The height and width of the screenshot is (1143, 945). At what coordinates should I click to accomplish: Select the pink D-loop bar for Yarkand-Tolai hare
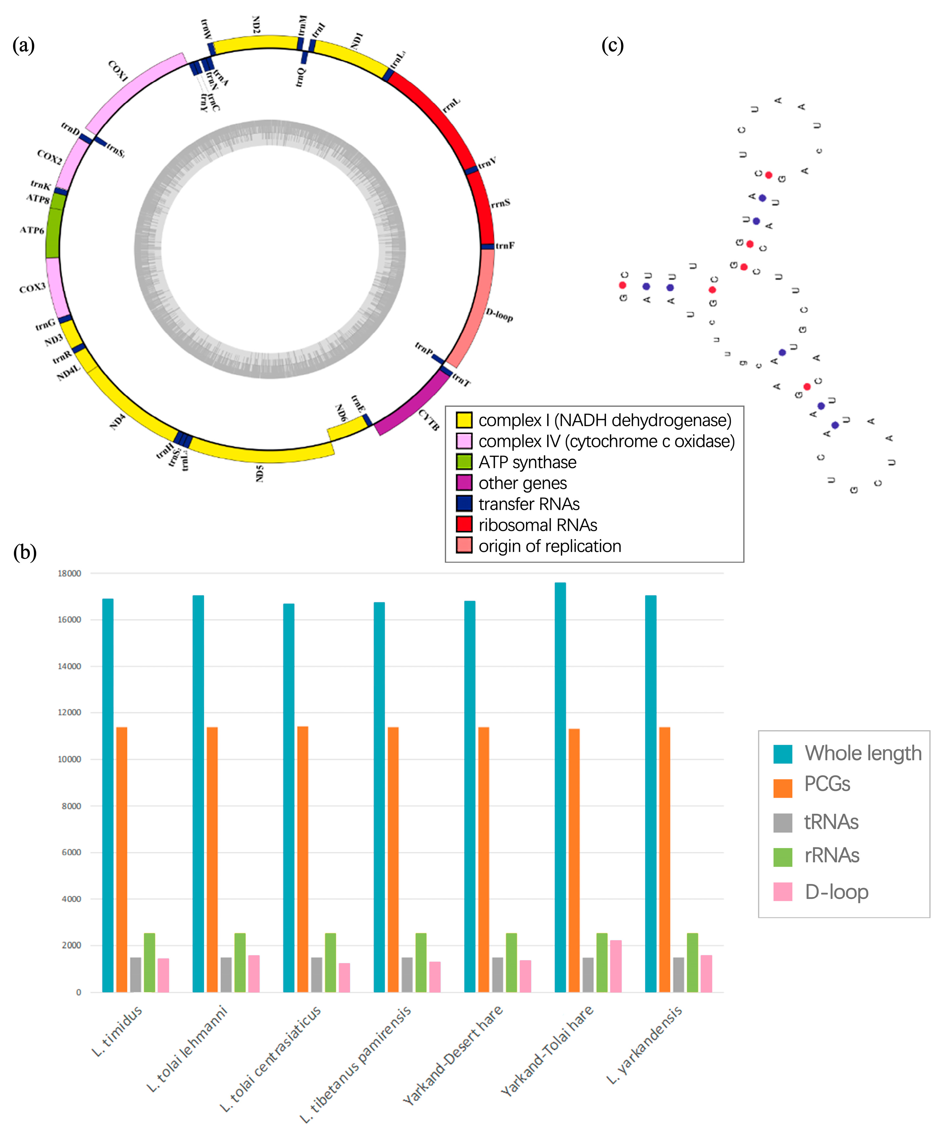616,967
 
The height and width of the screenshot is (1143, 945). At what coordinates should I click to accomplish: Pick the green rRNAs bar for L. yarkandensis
692,963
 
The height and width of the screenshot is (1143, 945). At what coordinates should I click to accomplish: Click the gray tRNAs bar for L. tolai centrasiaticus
316,975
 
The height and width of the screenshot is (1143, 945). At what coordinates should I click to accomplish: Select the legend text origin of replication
550,546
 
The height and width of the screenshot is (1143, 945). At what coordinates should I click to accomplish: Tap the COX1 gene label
118,71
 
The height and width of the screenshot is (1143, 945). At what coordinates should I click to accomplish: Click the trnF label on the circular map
505,246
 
